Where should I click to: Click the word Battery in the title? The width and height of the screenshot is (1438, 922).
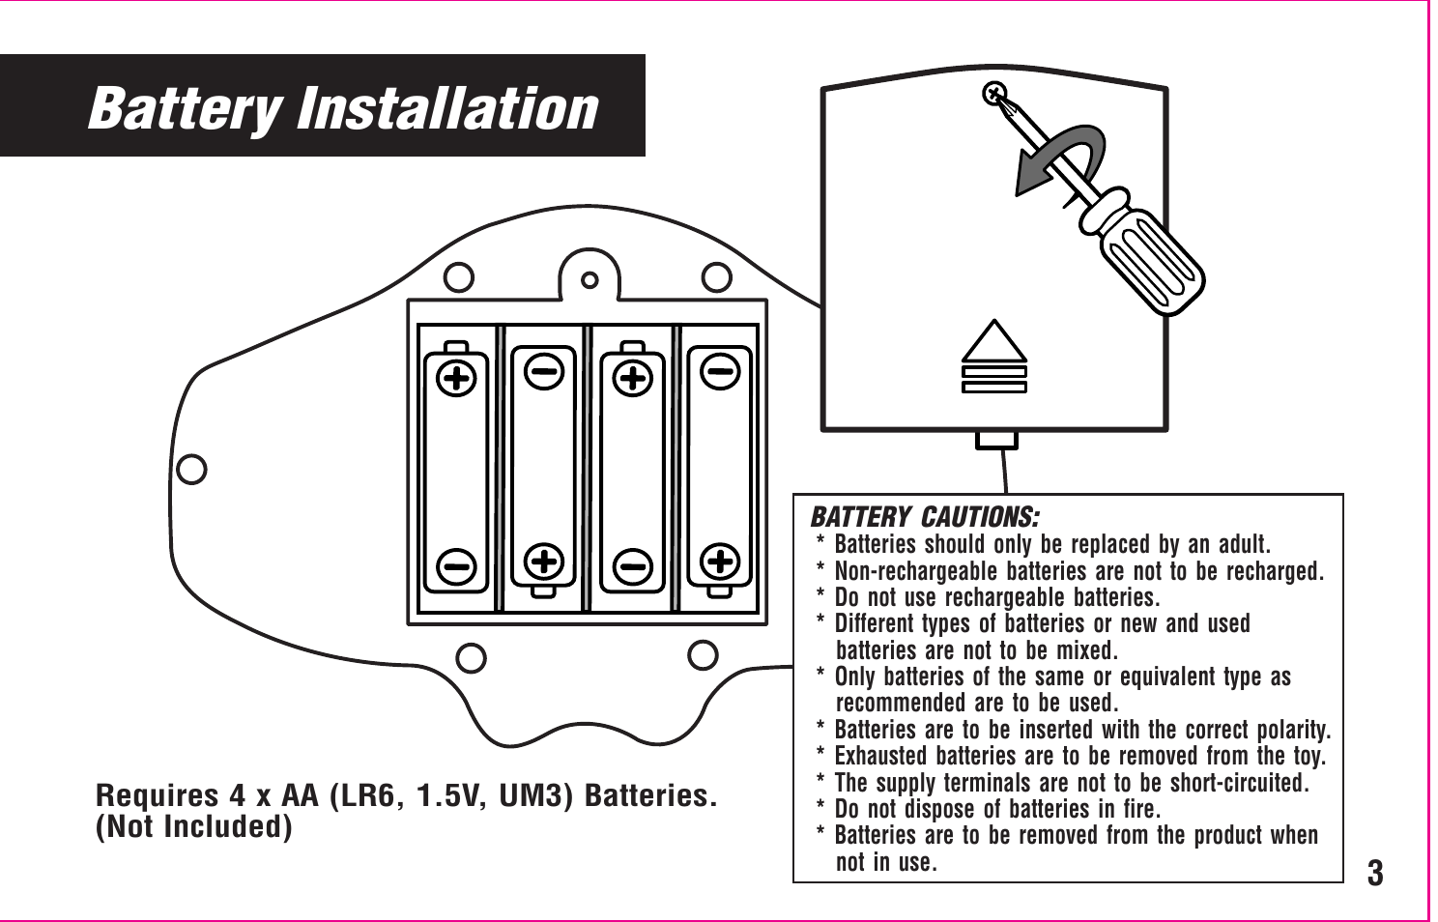[185, 108]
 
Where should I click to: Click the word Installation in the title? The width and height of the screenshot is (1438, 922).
[446, 108]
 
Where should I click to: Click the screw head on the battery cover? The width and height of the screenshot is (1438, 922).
[993, 95]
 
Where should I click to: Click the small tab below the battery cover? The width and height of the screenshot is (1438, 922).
[996, 440]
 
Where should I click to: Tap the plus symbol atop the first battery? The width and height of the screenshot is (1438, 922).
[457, 378]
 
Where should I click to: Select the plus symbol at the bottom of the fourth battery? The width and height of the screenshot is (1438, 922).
[720, 561]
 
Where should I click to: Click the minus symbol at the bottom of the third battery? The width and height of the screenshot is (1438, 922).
[633, 565]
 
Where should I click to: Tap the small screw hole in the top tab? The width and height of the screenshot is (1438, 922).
[590, 280]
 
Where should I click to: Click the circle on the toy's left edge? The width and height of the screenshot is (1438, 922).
[192, 469]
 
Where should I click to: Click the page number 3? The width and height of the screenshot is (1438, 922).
[1374, 873]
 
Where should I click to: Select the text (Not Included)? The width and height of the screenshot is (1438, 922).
[193, 827]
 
